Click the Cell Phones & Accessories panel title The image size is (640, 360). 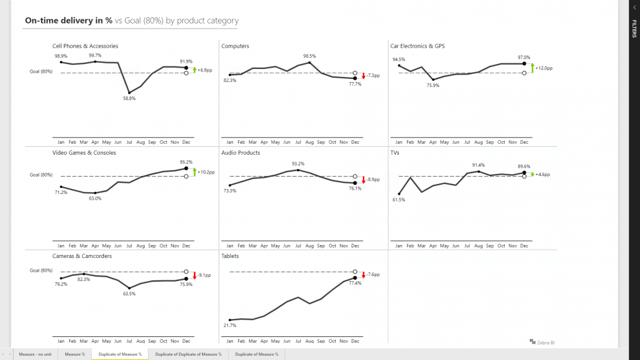point(85,46)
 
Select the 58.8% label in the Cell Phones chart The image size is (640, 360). point(129,98)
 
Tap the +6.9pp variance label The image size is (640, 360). point(204,70)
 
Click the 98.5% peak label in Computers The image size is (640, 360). point(309,56)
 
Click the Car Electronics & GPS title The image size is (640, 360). point(417,46)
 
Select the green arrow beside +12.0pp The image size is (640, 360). point(532,68)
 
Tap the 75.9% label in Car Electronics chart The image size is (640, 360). point(433,85)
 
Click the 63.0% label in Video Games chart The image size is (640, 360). point(94,198)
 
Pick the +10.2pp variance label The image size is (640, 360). point(206,172)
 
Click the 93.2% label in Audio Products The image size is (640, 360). point(298,164)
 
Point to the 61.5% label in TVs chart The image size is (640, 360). point(398,200)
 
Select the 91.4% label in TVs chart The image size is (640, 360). point(478,165)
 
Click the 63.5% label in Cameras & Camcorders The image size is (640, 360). point(129,293)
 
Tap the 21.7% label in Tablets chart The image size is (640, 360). point(229,325)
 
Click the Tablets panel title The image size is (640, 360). point(230,256)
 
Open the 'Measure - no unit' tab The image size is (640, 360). point(35,354)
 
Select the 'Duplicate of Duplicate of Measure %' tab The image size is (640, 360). point(188,354)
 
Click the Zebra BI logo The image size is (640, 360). point(541,341)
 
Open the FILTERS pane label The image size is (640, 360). point(634,29)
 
